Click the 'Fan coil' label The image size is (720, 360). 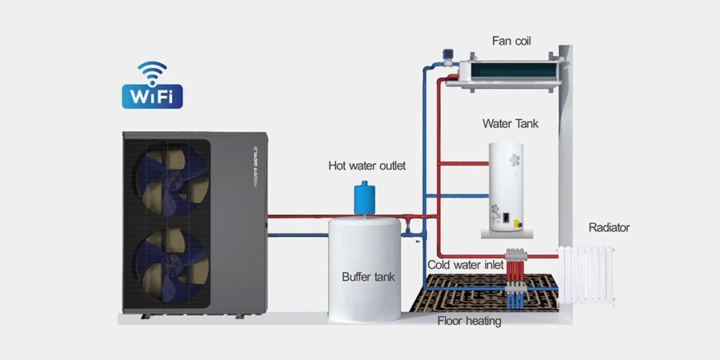[x=512, y=39]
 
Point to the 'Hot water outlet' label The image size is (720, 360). [x=367, y=166]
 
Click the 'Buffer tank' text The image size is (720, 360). [x=368, y=277]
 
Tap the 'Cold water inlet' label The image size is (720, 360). [x=465, y=264]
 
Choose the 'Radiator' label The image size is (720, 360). [x=609, y=228]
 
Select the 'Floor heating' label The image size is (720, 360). [x=469, y=322]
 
